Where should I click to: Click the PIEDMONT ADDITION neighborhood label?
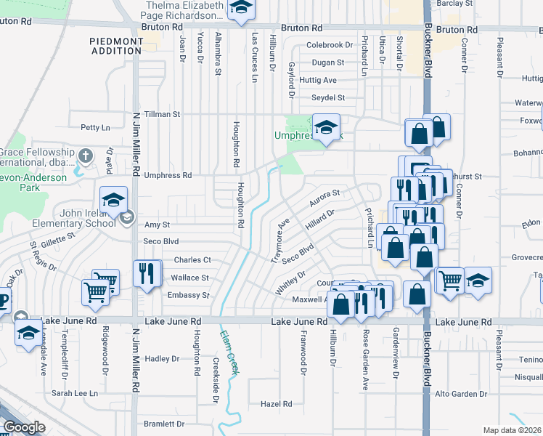pos(116,47)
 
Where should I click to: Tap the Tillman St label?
pos(162,114)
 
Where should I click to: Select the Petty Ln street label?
pos(95,127)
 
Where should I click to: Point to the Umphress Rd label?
pos(168,175)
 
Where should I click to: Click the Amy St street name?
pos(157,225)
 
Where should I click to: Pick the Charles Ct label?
pos(192,260)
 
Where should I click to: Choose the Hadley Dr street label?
pos(162,359)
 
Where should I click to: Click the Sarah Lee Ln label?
pos(74,393)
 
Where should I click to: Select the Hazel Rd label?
pos(276,404)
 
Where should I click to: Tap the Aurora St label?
pos(324,198)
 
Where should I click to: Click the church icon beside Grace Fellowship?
pos(86,156)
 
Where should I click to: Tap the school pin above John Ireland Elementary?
pos(114,201)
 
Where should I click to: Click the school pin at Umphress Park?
pos(326,128)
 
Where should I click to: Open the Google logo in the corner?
pos(24,427)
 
